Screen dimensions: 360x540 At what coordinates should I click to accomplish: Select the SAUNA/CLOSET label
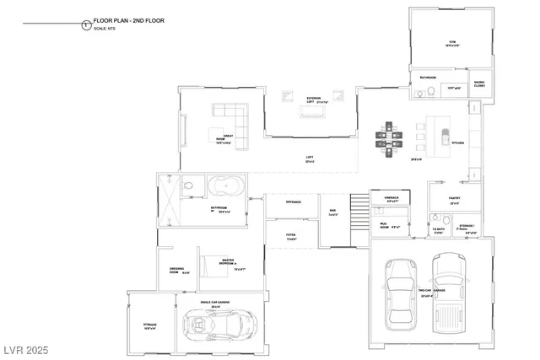click(x=478, y=83)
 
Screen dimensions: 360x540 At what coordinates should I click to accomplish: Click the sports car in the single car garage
click(x=213, y=324)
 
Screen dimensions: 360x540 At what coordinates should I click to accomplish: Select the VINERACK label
click(x=391, y=199)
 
